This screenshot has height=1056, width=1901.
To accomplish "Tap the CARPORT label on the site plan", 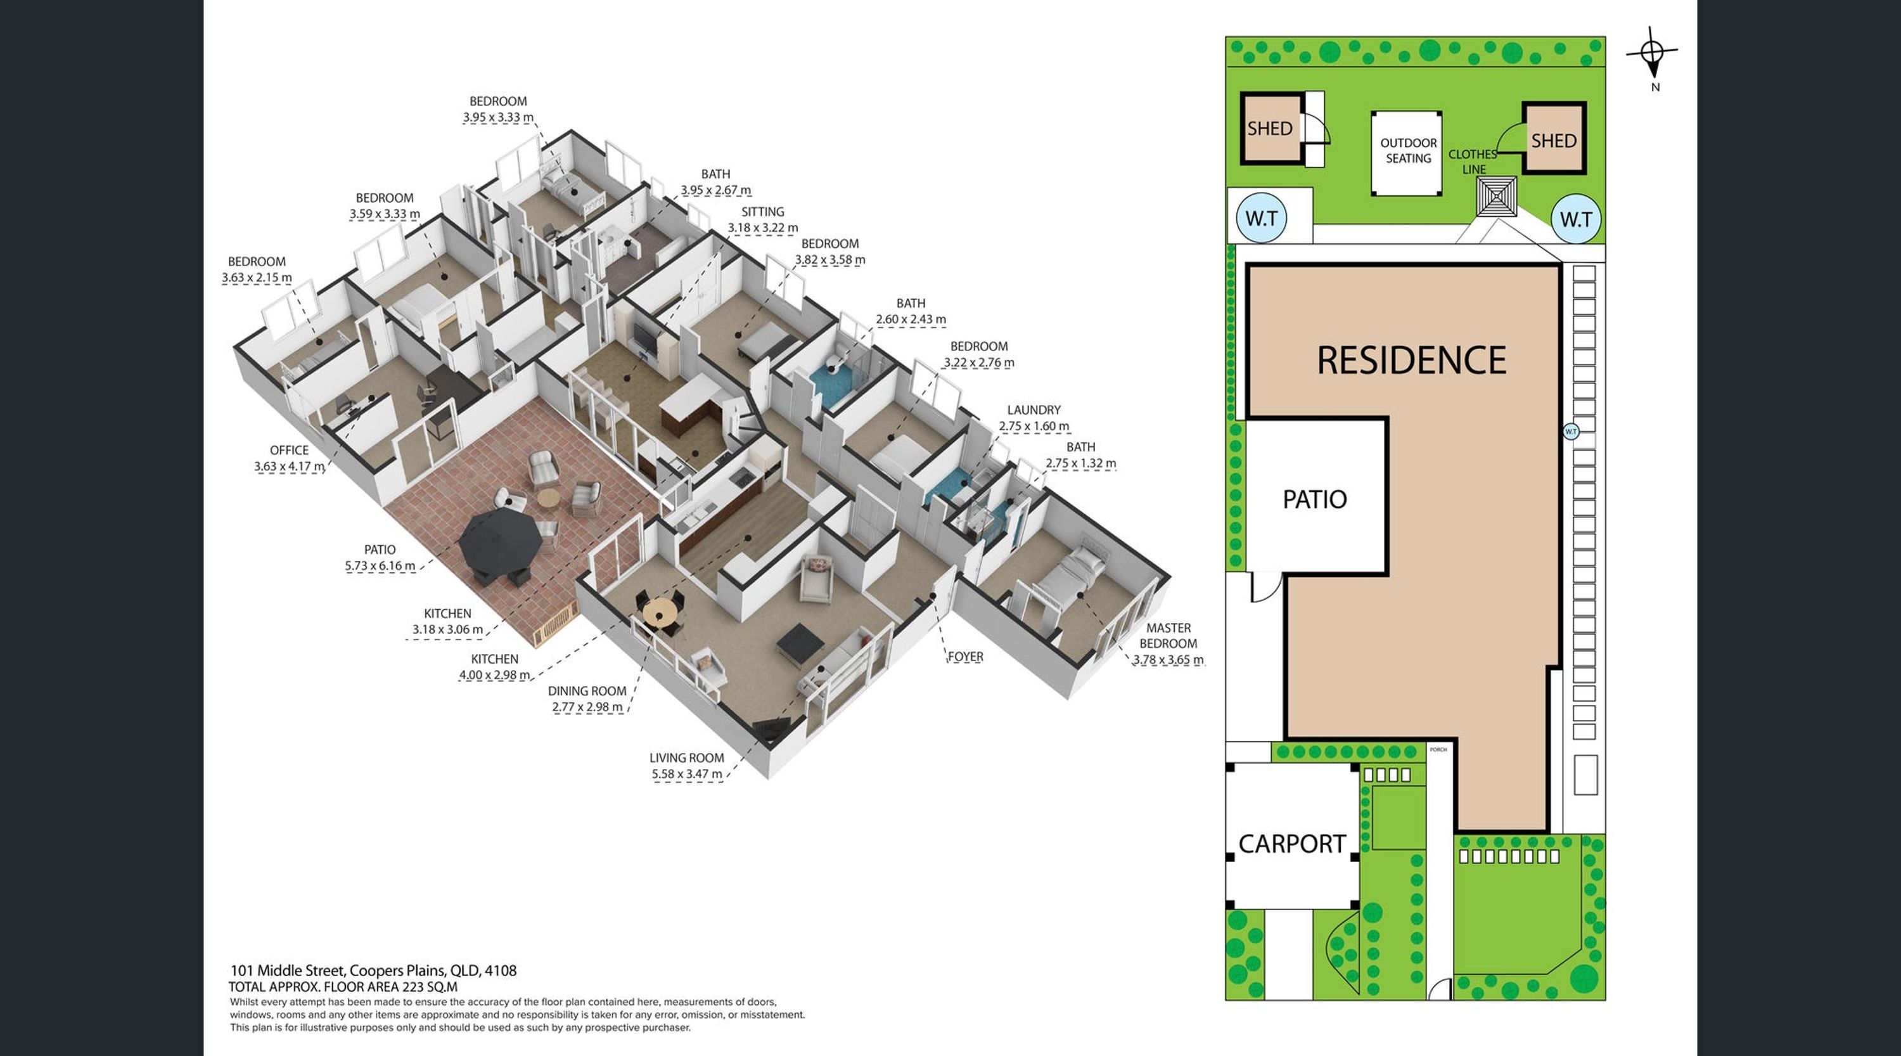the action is [1291, 844].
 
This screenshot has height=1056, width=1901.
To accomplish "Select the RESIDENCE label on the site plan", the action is [1411, 361].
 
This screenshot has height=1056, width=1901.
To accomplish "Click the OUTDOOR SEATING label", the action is [1408, 151].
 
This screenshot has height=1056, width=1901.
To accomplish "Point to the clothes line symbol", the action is [1497, 196].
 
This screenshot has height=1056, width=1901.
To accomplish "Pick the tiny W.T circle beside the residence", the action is [1571, 432].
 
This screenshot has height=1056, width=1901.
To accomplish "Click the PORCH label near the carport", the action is [1438, 750].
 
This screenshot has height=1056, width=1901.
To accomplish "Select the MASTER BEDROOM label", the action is [1168, 635].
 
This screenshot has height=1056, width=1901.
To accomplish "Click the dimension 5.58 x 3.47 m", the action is [686, 774].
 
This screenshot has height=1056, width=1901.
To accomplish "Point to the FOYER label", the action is [965, 657].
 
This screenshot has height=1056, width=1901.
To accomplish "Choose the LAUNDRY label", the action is [1034, 409].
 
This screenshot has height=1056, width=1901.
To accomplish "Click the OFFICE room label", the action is [290, 450].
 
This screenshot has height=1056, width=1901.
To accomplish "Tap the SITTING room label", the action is [762, 212].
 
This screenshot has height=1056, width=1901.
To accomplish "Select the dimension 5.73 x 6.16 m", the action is [380, 566].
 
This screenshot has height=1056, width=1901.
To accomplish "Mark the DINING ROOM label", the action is [587, 692].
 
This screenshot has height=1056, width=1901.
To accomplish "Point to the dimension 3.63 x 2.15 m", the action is [257, 278].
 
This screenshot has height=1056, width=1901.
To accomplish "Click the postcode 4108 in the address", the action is [501, 971].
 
